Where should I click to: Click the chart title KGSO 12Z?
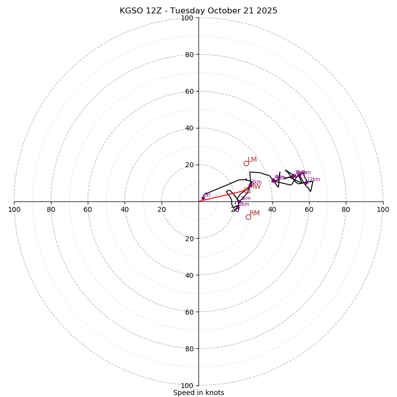(x=198, y=11)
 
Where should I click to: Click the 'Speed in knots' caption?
(x=198, y=393)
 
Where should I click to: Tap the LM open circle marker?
(x=246, y=163)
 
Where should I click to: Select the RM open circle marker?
(x=248, y=217)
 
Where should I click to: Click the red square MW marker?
(x=247, y=190)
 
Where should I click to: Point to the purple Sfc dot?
(x=203, y=198)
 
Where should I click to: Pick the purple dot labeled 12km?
(x=306, y=183)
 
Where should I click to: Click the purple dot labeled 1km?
(x=251, y=185)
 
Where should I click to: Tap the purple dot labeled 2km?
(x=238, y=207)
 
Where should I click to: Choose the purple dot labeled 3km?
(x=239, y=201)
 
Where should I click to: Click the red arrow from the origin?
(x=223, y=196)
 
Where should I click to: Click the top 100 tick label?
(x=187, y=18)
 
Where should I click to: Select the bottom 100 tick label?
(x=187, y=386)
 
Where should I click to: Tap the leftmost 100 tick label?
(x=14, y=209)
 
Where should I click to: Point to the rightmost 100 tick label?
(x=383, y=209)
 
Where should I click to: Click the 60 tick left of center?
(x=88, y=209)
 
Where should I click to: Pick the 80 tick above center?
(x=189, y=55)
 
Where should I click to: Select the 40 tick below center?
(x=189, y=275)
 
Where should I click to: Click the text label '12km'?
(x=314, y=180)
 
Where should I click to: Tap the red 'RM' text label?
(x=255, y=213)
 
